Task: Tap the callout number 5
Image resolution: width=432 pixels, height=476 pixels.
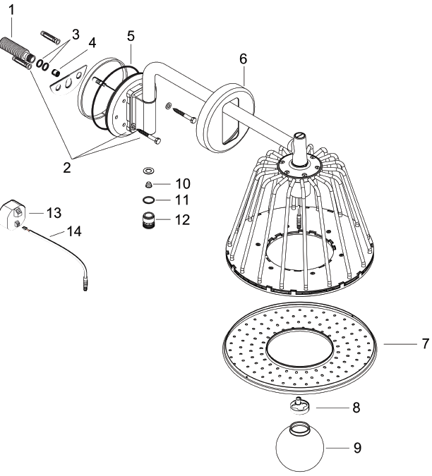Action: (x=131, y=35)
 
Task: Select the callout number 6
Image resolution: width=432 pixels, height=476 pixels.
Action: (x=242, y=59)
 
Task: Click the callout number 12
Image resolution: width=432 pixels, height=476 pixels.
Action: (x=182, y=219)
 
